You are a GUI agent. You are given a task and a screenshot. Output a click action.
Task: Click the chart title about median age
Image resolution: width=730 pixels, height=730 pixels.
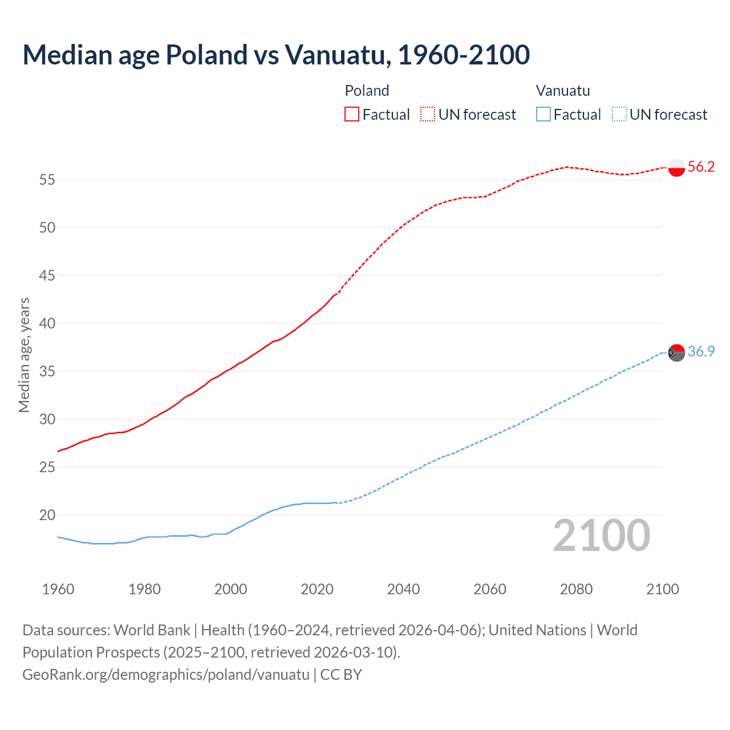276,55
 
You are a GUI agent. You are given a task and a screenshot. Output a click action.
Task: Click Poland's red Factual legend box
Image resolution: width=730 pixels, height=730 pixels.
352,115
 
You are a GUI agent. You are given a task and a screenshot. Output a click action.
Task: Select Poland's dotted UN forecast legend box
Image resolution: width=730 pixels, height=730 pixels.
428,115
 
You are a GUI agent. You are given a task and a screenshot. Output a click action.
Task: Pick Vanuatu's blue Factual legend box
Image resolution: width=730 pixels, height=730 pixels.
544,115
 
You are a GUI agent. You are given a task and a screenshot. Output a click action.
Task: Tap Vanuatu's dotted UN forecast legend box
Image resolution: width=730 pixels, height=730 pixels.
619,115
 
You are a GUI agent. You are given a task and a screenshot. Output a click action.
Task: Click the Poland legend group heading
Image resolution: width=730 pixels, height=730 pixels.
367,91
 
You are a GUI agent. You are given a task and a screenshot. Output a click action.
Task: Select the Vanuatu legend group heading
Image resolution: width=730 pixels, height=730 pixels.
563,91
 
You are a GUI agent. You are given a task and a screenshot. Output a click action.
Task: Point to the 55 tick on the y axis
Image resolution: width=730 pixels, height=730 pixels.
47,180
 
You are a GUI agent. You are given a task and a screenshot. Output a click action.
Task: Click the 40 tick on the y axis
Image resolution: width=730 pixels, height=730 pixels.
47,324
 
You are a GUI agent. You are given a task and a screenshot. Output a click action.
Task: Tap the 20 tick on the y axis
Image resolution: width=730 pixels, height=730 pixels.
47,516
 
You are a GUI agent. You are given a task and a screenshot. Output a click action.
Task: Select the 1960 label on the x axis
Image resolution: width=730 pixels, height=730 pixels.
58,589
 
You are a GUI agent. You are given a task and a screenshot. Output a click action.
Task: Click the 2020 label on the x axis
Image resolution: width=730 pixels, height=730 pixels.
317,589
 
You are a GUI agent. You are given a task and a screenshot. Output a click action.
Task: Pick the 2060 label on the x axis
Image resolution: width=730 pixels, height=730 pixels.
490,589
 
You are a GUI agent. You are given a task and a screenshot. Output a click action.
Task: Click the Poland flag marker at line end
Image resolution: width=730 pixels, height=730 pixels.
676,168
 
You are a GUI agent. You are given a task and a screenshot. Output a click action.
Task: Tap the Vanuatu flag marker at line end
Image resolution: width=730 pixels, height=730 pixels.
676,352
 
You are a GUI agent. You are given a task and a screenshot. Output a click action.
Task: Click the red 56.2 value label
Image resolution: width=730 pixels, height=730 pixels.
701,167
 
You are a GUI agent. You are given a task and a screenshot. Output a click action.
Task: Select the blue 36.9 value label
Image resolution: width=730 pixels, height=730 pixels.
701,352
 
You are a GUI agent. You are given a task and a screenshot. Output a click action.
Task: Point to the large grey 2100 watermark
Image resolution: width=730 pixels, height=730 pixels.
602,536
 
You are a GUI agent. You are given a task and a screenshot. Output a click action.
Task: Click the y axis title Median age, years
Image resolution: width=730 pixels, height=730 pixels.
24,355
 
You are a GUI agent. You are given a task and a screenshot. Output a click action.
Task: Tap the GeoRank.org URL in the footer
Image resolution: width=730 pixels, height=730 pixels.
166,675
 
